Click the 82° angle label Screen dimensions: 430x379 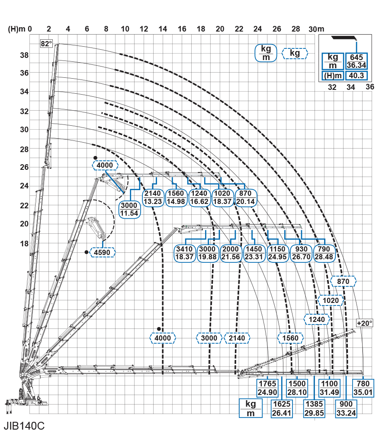46,44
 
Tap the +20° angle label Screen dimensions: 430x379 365,323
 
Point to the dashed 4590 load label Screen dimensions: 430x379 103,252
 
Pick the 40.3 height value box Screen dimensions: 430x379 356,76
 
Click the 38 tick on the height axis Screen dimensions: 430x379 24,55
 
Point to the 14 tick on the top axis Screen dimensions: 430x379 163,29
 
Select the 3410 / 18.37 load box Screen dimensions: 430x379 185,253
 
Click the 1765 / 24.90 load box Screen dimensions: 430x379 267,388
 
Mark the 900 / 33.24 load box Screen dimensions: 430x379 347,408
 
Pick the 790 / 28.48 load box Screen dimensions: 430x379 324,253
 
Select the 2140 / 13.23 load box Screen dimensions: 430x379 153,197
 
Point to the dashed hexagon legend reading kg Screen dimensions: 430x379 295,53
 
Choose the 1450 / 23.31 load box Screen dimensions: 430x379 254,253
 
